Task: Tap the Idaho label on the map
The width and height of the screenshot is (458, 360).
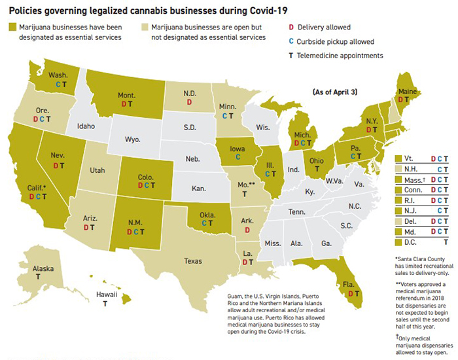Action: point(88,126)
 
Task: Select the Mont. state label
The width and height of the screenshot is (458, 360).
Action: point(126,96)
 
